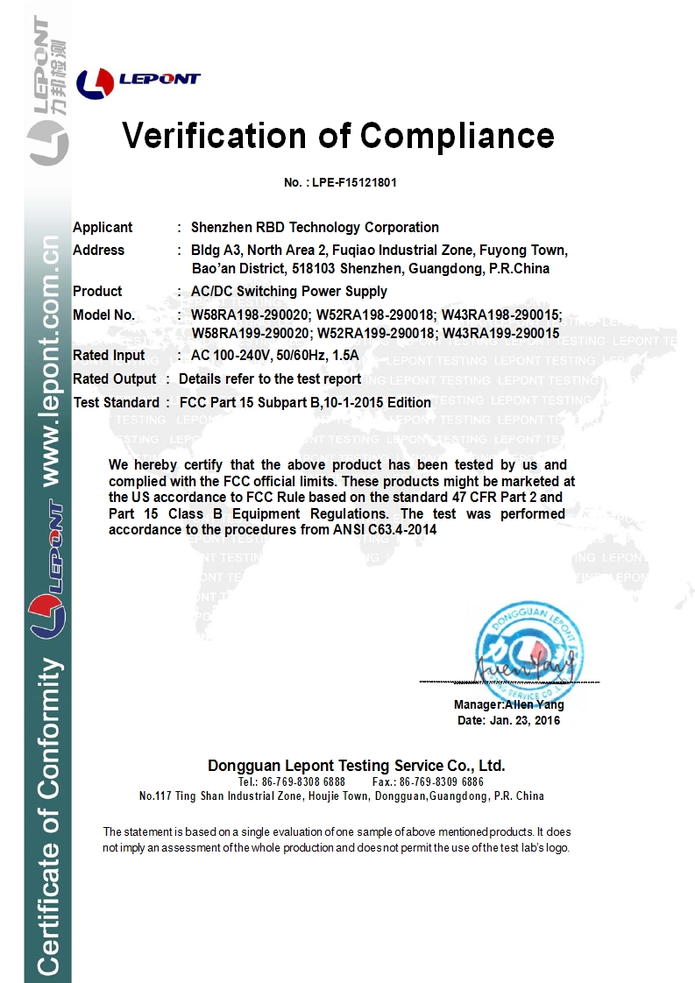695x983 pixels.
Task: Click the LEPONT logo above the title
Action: tap(138, 81)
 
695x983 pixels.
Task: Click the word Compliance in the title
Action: tap(457, 136)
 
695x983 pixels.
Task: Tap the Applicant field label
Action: tap(103, 227)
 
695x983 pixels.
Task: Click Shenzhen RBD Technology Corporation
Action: tap(315, 227)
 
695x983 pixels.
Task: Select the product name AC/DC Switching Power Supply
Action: tap(282, 291)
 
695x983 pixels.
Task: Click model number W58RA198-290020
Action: tap(245, 315)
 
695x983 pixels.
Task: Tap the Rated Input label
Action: tap(109, 355)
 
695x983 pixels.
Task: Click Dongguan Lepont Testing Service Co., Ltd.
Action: tap(356, 765)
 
